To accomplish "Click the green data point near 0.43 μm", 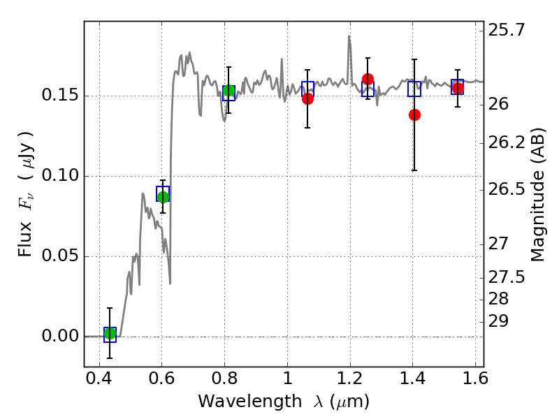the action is tap(110, 334).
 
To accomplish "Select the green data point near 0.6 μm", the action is tap(163, 197).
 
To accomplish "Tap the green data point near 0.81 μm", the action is tap(229, 91).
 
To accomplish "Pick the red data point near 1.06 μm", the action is tap(307, 98).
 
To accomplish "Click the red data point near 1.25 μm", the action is tap(368, 79).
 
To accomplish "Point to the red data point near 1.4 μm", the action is tap(414, 115).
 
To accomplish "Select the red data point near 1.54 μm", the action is tap(458, 88).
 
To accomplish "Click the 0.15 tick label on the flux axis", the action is tap(60, 95).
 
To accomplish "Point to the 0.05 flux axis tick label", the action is tap(60, 256).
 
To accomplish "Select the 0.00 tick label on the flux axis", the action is tap(60, 336).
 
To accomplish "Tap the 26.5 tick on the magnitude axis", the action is tap(507, 189).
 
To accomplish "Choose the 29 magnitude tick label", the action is tap(498, 321).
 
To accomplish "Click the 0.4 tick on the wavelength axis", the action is tap(99, 378).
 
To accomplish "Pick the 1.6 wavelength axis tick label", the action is tap(475, 378).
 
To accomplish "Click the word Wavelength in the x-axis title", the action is tap(250, 402).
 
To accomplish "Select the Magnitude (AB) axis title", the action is tap(538, 195).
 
